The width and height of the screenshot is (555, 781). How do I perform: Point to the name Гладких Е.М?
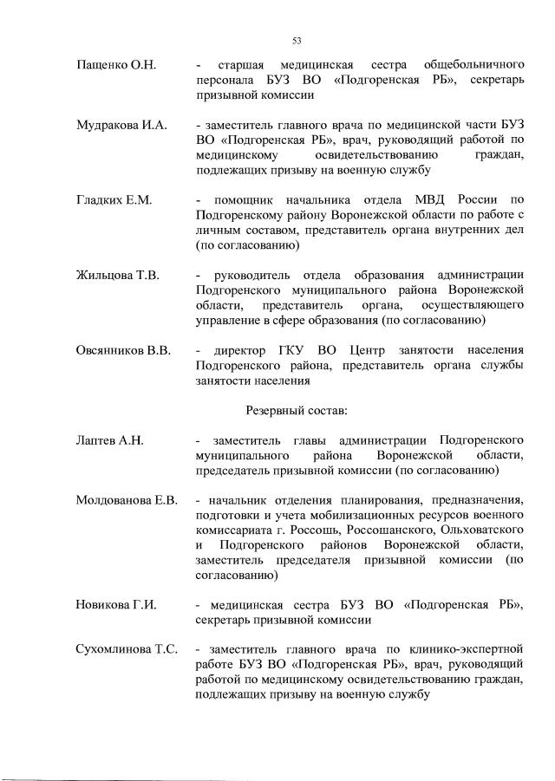point(114,201)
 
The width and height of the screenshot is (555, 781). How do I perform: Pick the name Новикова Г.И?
point(115,605)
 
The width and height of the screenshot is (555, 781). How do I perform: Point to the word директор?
point(238,350)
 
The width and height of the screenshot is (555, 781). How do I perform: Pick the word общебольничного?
point(473,65)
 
